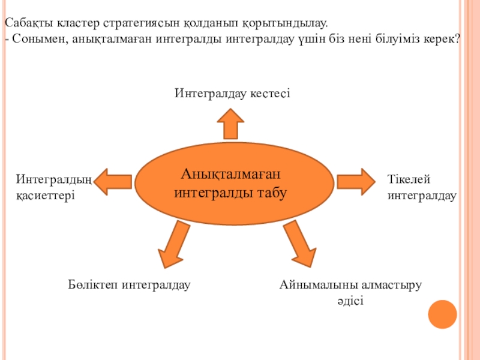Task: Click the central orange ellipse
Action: click(x=234, y=184)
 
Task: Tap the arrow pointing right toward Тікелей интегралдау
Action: click(x=355, y=181)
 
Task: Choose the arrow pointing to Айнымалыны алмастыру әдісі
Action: click(x=299, y=243)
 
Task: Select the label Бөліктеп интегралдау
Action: click(x=129, y=284)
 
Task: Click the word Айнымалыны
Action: click(x=314, y=284)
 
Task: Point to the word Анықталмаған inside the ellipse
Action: click(x=231, y=174)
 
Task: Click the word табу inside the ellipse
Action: click(x=273, y=193)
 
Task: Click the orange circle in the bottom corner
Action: click(x=443, y=314)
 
